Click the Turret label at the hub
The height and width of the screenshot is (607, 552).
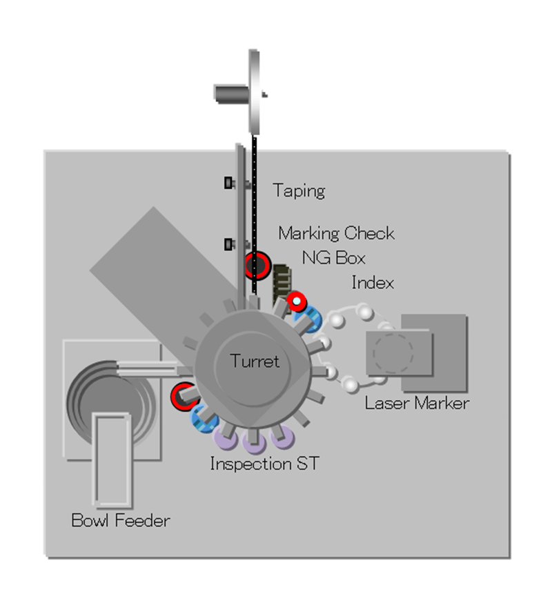[x=255, y=361]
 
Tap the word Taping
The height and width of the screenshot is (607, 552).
[x=298, y=190]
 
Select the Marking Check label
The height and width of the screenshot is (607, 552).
[x=336, y=233]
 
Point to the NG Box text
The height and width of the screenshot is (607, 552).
[x=333, y=258]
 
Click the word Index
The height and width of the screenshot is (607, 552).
[x=373, y=282]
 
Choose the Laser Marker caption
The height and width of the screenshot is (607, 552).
[x=417, y=403]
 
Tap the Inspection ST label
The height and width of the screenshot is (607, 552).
[x=264, y=464]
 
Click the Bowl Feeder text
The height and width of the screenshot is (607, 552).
[x=120, y=520]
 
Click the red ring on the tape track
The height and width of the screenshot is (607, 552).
[x=256, y=265]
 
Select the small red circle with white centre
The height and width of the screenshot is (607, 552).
[x=297, y=301]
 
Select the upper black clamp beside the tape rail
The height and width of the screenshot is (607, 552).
[x=229, y=183]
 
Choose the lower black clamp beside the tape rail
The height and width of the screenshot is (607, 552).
[x=229, y=243]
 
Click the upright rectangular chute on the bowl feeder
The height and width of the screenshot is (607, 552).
[x=112, y=459]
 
